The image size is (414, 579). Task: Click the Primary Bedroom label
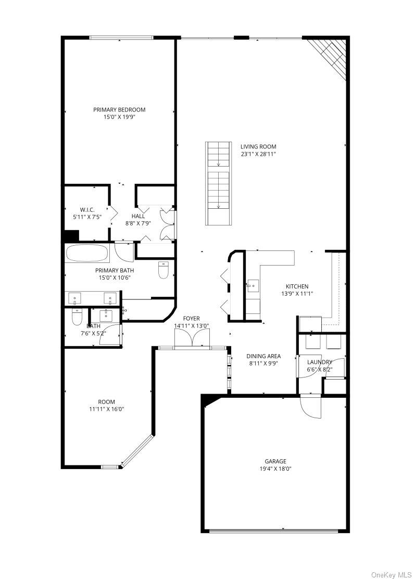(119, 110)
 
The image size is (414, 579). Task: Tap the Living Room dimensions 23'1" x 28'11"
(258, 154)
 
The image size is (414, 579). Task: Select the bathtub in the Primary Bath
(87, 253)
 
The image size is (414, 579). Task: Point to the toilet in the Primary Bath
(163, 270)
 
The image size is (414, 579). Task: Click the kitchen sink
(253, 286)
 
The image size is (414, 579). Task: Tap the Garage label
(275, 461)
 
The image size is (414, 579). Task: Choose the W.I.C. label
(87, 210)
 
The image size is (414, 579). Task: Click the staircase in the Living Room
(219, 183)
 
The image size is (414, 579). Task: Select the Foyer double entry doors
(192, 338)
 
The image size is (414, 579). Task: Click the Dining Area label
(264, 356)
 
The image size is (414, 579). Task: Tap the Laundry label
(320, 362)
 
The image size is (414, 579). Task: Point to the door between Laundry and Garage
(310, 406)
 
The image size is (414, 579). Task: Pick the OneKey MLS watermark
(391, 574)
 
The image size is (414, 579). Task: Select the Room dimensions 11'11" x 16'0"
(106, 409)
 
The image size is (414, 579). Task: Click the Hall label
(138, 216)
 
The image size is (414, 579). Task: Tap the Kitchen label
(297, 286)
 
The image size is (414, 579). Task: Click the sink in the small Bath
(106, 314)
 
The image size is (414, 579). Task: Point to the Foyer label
(191, 318)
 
